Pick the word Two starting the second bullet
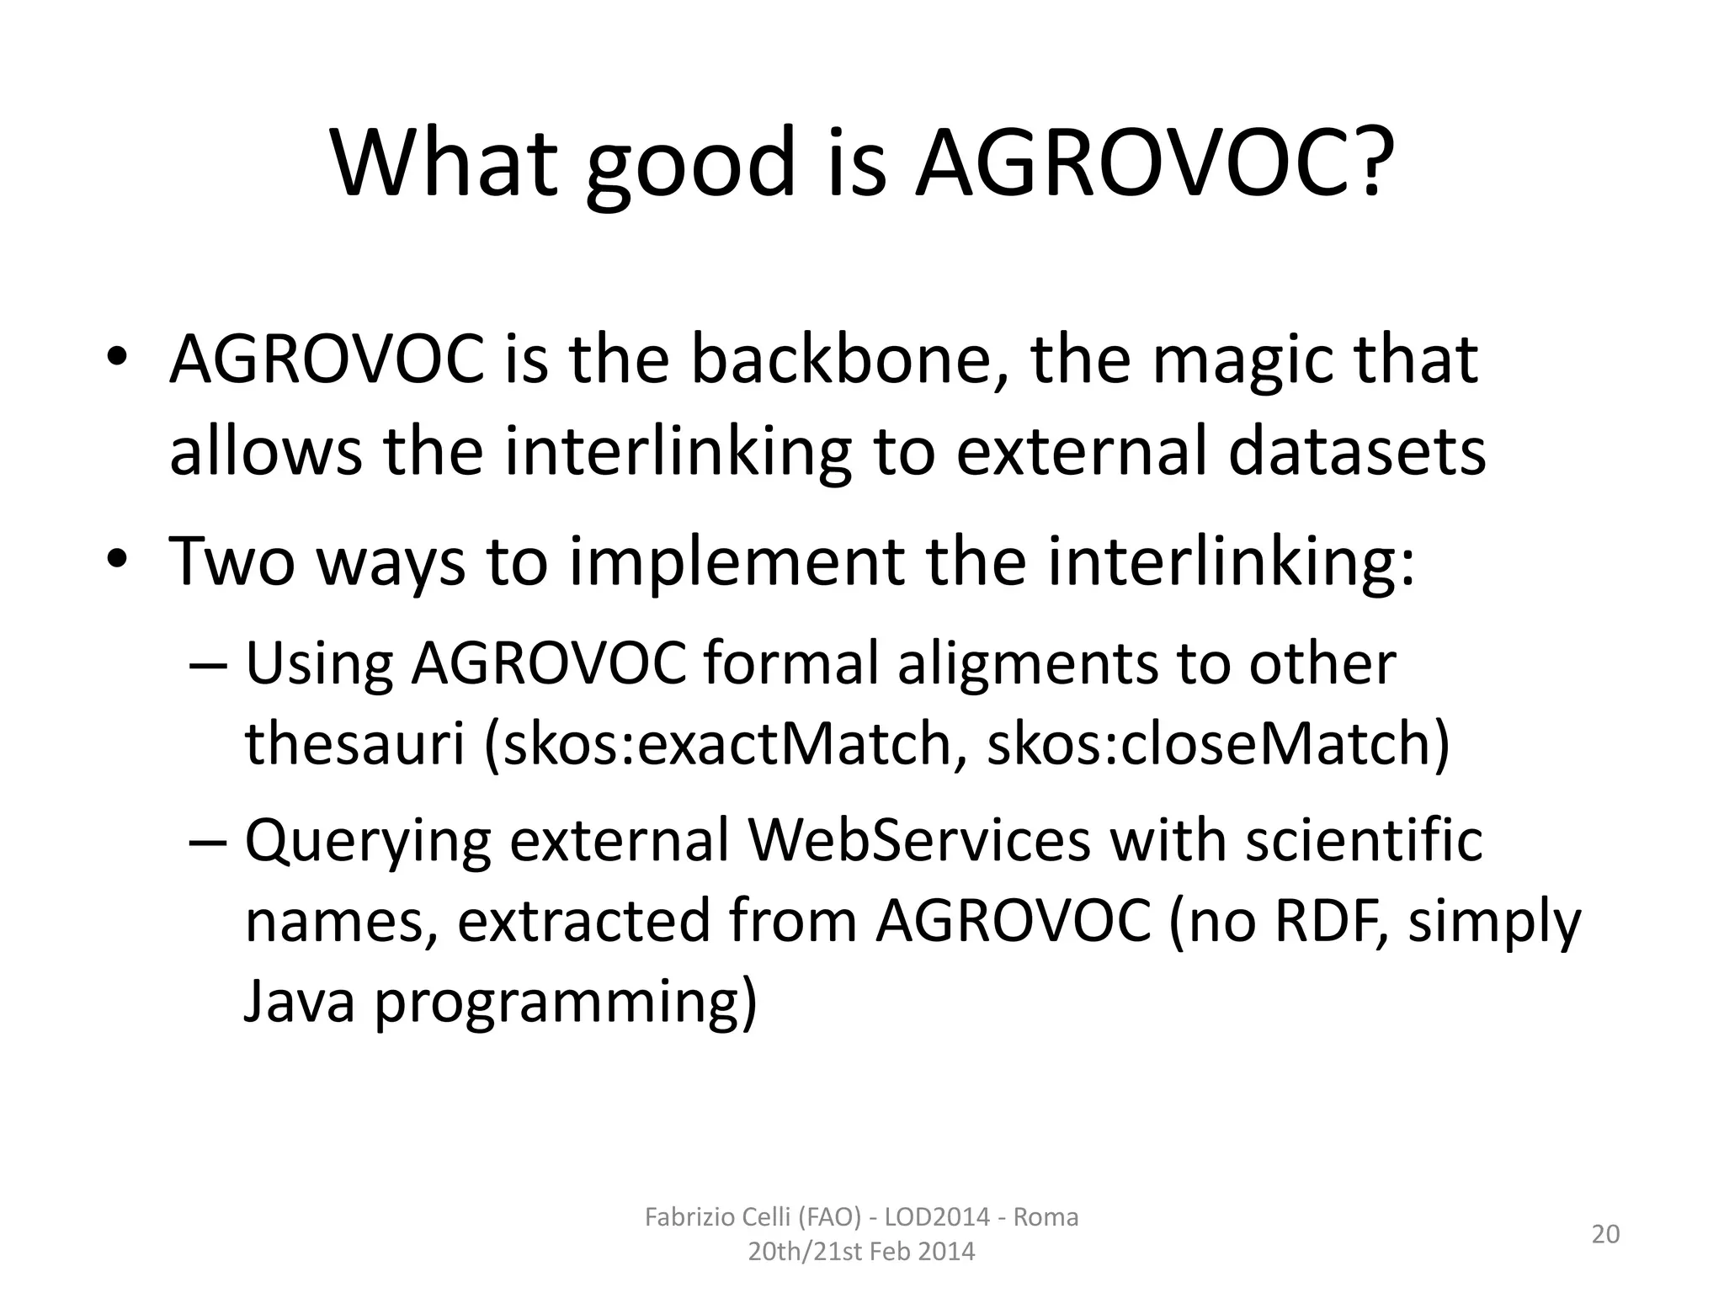[232, 561]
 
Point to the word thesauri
[354, 744]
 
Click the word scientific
[1364, 841]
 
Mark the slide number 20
[1605, 1234]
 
